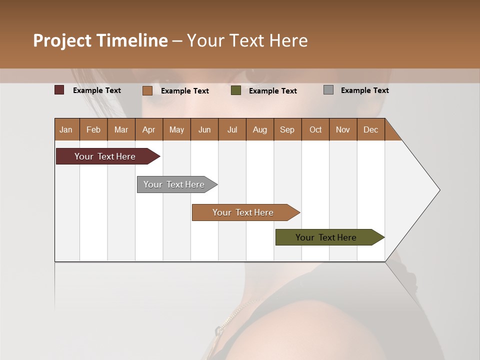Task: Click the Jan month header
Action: pos(66,129)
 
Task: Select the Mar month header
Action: pos(121,129)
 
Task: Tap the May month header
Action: pos(176,129)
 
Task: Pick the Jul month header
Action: pos(232,129)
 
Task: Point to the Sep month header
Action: pos(287,129)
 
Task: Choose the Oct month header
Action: pos(315,129)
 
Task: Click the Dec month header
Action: pos(370,129)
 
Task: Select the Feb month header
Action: pos(93,129)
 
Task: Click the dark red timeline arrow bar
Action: pos(105,156)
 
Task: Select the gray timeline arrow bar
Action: pos(174,184)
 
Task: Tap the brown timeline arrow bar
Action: pos(243,212)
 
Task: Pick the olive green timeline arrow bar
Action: pos(326,237)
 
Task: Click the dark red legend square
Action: pos(59,90)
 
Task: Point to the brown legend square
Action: pos(147,90)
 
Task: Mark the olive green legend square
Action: pos(236,90)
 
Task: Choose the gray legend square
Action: pos(328,90)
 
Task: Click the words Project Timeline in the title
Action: pos(100,40)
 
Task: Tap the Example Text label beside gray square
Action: pos(364,90)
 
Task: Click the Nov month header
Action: pos(343,129)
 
